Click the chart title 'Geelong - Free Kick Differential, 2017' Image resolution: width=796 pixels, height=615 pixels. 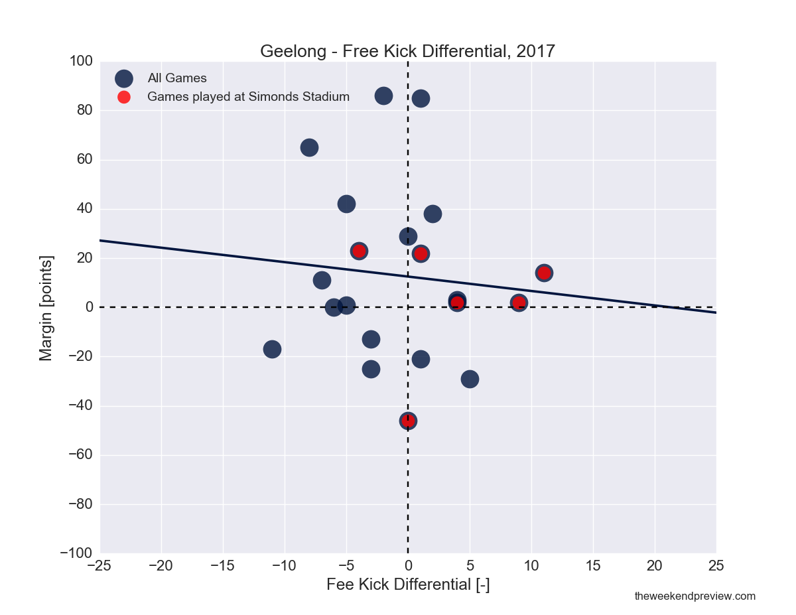click(407, 51)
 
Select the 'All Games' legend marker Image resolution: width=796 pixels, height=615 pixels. click(124, 78)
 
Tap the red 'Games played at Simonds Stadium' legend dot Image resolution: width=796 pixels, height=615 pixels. click(124, 97)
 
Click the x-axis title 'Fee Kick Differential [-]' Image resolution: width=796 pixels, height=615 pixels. click(408, 584)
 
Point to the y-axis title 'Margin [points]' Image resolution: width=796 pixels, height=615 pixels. click(46, 307)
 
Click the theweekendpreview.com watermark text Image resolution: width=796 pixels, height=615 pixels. click(695, 596)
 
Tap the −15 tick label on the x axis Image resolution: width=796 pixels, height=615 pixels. click(223, 565)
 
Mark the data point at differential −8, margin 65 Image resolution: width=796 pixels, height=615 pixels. click(309, 147)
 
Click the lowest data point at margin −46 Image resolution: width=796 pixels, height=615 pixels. click(408, 421)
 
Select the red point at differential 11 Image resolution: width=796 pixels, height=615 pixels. click(544, 273)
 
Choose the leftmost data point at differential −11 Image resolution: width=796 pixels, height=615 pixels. click(272, 349)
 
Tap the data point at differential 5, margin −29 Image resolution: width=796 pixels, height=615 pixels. click(470, 379)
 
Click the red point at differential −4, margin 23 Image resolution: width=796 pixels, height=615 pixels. click(359, 251)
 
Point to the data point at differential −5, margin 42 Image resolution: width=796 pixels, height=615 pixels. click(346, 204)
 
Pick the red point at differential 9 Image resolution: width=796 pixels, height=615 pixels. click(519, 303)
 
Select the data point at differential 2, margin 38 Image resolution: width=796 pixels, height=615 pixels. click(432, 214)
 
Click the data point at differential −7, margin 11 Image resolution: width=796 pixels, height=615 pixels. click(322, 280)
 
